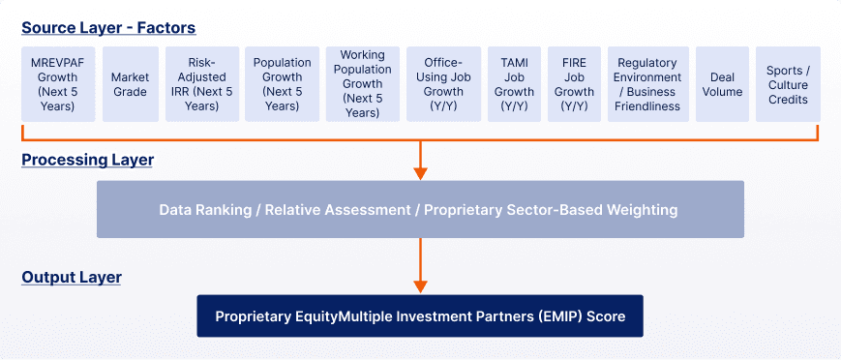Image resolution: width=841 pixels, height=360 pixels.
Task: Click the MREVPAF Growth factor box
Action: [58, 84]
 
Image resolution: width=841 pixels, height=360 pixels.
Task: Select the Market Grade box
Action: [130, 84]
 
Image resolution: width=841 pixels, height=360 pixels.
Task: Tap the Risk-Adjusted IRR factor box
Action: [200, 84]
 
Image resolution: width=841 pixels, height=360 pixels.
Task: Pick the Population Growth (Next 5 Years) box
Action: [282, 84]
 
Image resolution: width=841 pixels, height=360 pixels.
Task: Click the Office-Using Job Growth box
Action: [443, 84]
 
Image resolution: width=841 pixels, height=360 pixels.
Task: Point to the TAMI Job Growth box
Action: [514, 84]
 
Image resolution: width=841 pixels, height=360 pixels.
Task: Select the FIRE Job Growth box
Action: [574, 84]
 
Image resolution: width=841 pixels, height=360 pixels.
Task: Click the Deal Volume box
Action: [722, 84]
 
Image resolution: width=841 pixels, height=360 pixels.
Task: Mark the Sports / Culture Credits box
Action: [787, 84]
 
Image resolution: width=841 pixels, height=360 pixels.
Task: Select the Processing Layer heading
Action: [87, 160]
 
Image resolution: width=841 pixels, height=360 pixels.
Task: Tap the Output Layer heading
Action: [72, 278]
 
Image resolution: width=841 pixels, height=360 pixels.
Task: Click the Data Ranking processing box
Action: [420, 209]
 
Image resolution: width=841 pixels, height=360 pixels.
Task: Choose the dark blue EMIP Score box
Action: [420, 316]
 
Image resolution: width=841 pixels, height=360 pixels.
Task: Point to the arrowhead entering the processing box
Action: [420, 174]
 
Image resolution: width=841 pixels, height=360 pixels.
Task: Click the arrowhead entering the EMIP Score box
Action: [420, 286]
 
